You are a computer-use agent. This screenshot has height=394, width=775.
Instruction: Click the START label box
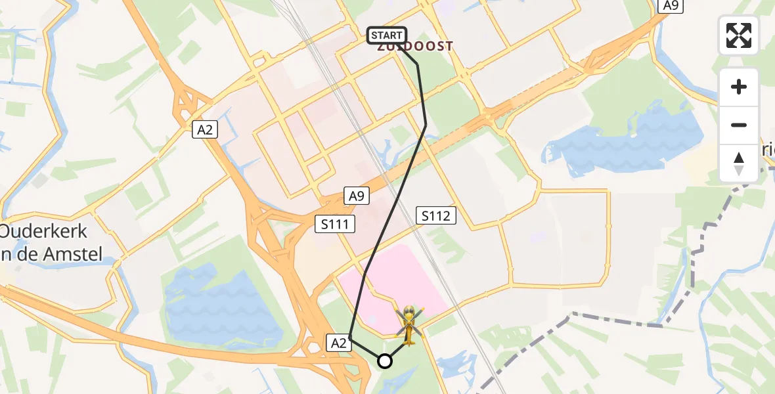coord(387,35)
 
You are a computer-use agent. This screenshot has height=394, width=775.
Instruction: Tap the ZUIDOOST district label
coord(416,47)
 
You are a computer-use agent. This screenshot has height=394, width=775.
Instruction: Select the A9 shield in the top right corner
coord(670,6)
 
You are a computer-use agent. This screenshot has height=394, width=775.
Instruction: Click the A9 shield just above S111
coord(356,196)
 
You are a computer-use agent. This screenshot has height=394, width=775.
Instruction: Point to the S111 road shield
coord(335,225)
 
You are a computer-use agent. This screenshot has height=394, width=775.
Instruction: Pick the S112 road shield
coord(436,215)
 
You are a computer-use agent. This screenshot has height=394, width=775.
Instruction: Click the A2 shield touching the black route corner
coord(338,342)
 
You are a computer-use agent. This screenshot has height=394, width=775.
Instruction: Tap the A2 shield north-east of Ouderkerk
coord(206,131)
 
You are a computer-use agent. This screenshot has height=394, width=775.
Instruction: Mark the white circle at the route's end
coord(385,361)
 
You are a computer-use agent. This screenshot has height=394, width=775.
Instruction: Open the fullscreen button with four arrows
coord(739,35)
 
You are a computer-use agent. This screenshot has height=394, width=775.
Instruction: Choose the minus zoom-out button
coord(739,125)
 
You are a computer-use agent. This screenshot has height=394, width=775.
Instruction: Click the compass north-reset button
coord(739,163)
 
